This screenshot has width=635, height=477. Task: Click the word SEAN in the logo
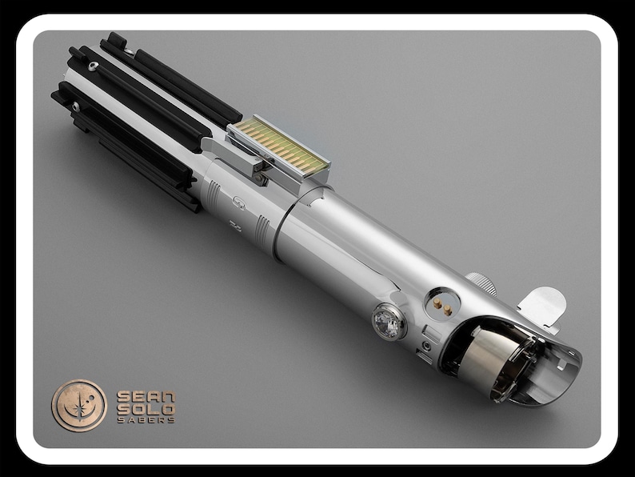click(x=146, y=395)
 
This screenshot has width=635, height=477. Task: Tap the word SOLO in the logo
click(x=146, y=408)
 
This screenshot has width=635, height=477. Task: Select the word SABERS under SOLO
click(x=146, y=419)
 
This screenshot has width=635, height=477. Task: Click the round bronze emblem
click(x=79, y=405)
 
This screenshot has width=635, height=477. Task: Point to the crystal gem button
click(x=388, y=322)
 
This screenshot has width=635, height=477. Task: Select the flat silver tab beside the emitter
click(x=544, y=305)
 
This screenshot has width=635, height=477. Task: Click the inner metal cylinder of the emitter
click(x=491, y=359)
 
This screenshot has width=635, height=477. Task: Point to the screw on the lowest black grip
click(x=74, y=106)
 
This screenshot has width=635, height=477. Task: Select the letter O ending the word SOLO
click(x=167, y=408)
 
